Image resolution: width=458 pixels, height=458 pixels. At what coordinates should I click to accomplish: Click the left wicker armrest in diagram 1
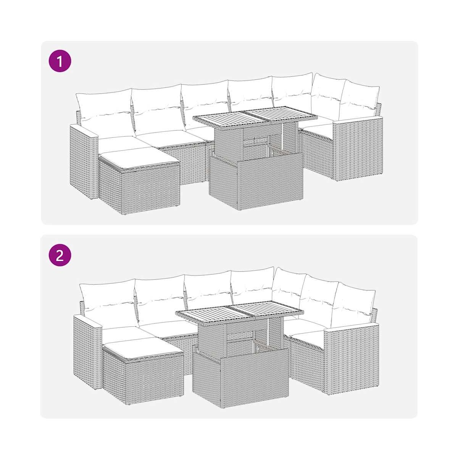pyautogui.click(x=84, y=161)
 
